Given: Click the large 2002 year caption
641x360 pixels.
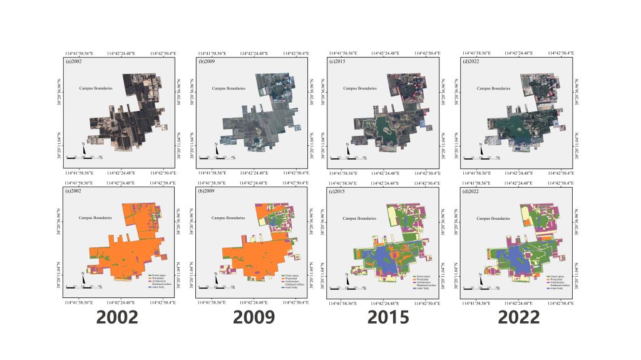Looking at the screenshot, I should coord(117,317).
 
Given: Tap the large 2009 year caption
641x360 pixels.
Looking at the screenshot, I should coord(254,317).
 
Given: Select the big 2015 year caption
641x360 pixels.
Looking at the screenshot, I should coord(388,317).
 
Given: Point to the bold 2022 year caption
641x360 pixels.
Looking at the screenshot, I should coord(519,317).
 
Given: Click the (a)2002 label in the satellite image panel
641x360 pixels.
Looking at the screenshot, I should coord(73,61).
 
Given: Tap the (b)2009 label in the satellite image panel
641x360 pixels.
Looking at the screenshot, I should coord(206,61).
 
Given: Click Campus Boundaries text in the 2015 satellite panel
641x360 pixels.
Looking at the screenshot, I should coord(359,88).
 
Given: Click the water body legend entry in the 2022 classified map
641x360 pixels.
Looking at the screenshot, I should coord(556,288).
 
